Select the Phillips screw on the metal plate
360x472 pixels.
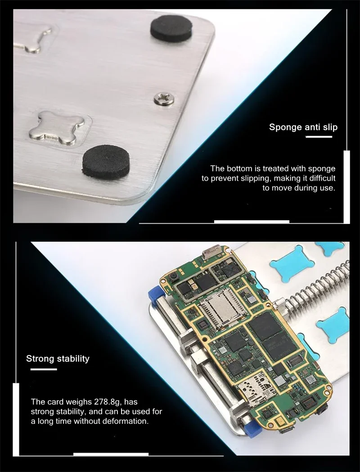[164, 99]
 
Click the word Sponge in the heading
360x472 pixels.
[285, 127]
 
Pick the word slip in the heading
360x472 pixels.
[330, 127]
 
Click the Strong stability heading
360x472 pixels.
[58, 359]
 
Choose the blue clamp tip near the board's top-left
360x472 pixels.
[154, 295]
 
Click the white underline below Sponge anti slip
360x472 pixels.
[319, 137]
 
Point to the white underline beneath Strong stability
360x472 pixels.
[44, 369]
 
